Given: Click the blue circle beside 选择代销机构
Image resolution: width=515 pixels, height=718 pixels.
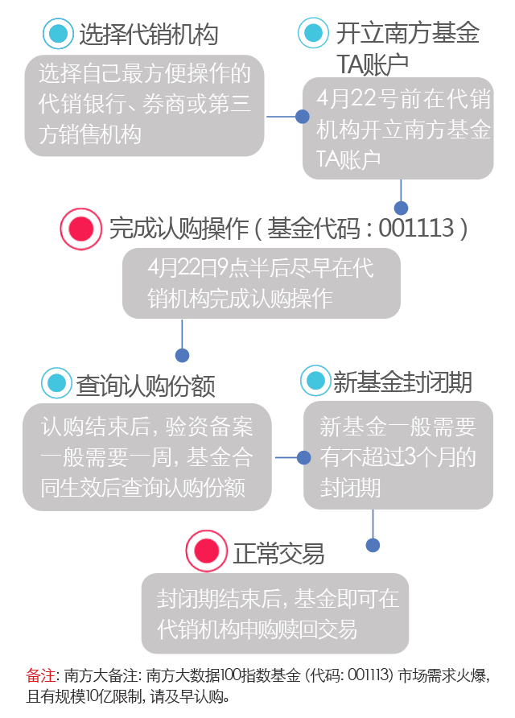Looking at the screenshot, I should point(58,34).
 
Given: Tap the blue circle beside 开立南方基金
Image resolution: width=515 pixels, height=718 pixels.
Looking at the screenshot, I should point(313,34).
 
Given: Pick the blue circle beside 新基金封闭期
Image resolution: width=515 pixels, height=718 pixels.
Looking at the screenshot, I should point(315,381).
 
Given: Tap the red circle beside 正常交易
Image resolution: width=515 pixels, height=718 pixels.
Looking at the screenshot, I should point(206,550).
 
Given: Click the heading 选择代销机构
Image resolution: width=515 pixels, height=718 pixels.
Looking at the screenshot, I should point(148,35).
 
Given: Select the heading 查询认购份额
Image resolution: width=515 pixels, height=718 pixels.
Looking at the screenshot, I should point(146,385).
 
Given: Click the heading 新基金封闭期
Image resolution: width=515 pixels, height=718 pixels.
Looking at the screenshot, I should point(402,382).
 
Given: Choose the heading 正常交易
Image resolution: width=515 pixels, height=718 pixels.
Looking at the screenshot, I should point(278,552).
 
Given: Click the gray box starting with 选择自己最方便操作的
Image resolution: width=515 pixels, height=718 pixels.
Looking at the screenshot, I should point(145,105).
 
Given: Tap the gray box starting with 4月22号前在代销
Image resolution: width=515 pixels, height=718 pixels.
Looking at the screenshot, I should point(398,129).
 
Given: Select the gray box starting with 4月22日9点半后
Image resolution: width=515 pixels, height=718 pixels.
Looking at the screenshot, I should point(262,283).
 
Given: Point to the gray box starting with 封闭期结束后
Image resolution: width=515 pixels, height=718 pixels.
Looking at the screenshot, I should point(276,613).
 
